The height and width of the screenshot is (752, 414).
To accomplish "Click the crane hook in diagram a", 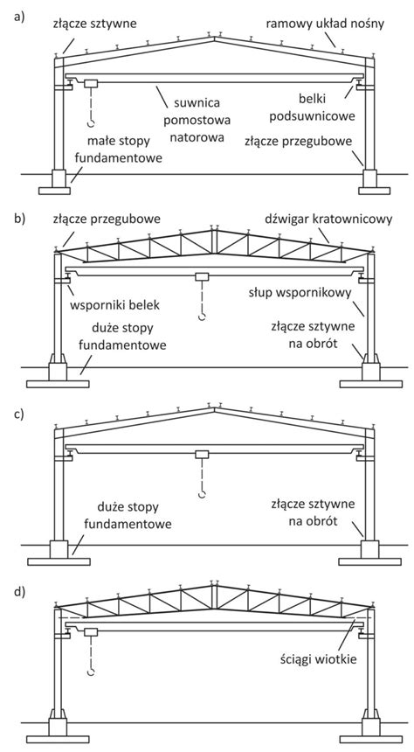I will coord(90,125).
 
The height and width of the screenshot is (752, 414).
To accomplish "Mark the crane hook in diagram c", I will coord(202,496).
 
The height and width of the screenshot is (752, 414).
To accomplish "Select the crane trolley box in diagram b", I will coord(202,277).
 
